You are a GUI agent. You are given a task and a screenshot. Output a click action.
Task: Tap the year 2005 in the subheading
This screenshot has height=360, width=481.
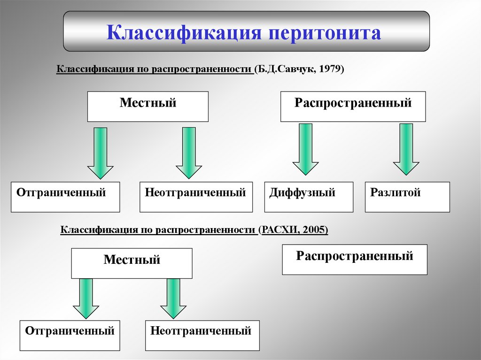(x=314, y=230)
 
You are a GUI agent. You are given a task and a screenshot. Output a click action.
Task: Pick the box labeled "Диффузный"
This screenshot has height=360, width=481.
(x=309, y=197)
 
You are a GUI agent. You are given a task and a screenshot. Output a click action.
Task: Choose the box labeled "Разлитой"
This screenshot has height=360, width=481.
(x=407, y=197)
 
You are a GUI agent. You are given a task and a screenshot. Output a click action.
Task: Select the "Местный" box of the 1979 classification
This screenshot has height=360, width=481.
(x=148, y=107)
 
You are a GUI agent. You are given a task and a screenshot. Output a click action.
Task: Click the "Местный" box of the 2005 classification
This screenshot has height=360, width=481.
(x=132, y=263)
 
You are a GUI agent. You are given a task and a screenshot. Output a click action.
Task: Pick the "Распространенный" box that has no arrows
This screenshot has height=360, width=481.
(x=354, y=259)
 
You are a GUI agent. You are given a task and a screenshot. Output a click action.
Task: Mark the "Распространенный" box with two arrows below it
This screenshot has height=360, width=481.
(x=353, y=107)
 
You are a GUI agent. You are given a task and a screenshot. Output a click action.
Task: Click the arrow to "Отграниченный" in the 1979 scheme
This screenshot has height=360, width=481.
(x=101, y=153)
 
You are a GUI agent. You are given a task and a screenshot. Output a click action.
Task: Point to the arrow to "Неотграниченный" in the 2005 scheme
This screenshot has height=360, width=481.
(x=173, y=299)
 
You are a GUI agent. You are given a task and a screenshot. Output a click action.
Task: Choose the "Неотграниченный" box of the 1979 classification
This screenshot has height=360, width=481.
(x=195, y=197)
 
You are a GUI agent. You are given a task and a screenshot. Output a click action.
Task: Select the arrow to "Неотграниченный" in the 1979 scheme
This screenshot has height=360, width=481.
(x=189, y=153)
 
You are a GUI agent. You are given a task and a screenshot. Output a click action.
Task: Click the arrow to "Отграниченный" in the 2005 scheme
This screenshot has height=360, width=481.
(x=86, y=299)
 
